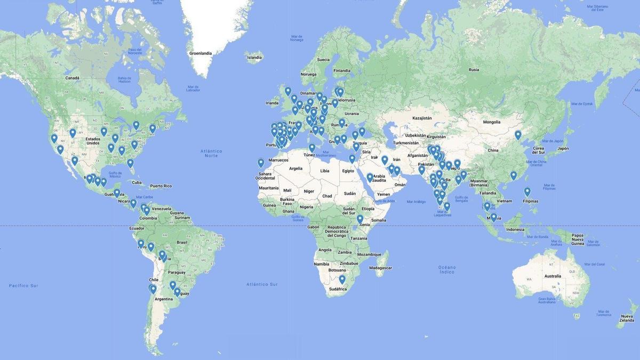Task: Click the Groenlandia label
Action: click(201, 53)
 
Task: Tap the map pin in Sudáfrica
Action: click(342, 279)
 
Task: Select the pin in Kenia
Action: click(360, 219)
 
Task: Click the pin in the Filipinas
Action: click(527, 191)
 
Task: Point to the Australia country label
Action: click(553, 276)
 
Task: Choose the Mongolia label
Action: click(491, 122)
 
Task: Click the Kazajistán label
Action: click(421, 118)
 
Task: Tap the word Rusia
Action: click(474, 70)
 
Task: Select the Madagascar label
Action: click(381, 268)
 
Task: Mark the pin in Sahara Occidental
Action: click(261, 163)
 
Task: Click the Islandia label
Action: click(254, 58)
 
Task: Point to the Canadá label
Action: click(72, 78)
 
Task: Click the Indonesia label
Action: click(515, 229)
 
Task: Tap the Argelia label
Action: click(295, 168)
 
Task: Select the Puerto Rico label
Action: click(161, 186)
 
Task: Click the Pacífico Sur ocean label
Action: click(23, 286)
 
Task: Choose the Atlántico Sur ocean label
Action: click(262, 284)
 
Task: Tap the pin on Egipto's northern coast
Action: click(352, 158)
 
